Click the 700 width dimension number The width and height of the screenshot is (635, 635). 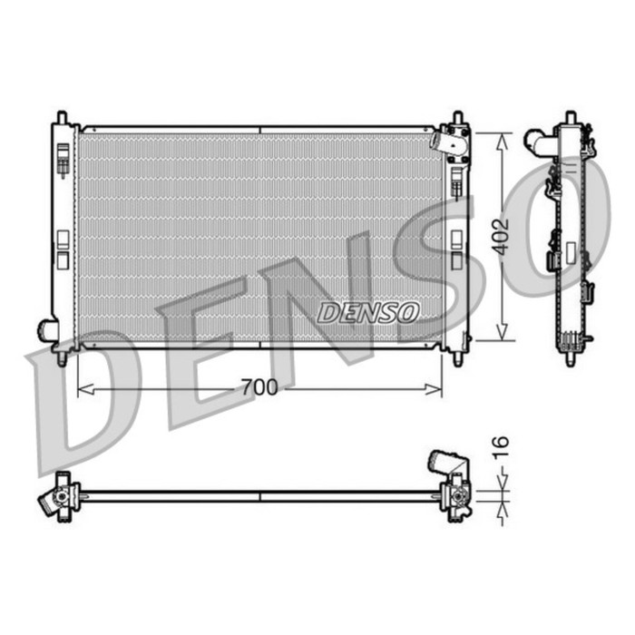259,388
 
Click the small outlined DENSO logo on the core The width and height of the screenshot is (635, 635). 367,312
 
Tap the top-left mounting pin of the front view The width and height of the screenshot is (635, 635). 62,118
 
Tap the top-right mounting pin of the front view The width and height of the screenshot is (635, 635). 458,118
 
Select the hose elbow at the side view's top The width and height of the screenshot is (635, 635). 537,141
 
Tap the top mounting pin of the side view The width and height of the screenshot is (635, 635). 570,118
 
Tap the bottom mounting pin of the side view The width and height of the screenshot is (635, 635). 570,358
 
